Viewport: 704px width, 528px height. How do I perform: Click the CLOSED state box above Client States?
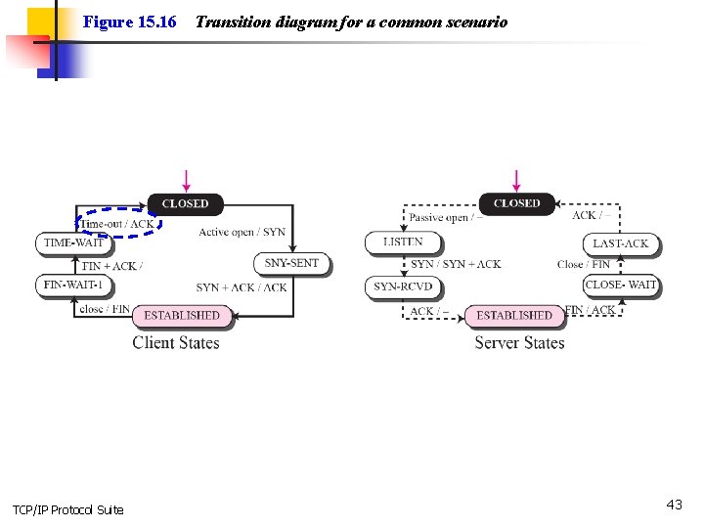click(x=185, y=204)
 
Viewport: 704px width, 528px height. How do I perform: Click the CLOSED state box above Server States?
click(x=516, y=203)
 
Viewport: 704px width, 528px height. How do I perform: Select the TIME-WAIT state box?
click(x=73, y=242)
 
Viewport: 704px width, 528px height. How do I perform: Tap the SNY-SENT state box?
click(x=291, y=263)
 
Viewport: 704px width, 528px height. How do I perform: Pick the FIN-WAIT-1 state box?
click(x=73, y=285)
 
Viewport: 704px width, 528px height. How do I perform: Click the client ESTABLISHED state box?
click(x=182, y=315)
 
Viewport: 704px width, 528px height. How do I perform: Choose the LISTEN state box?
click(x=403, y=242)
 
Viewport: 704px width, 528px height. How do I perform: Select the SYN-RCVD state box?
click(x=403, y=286)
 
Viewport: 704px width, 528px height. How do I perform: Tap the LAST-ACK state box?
click(x=621, y=243)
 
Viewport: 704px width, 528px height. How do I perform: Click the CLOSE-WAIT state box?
click(x=621, y=285)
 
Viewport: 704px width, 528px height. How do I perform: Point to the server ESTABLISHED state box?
click(x=514, y=315)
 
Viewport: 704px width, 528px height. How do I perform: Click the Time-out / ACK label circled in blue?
click(x=117, y=224)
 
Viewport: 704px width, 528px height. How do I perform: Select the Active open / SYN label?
click(x=242, y=232)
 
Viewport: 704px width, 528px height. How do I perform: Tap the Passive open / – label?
click(x=446, y=218)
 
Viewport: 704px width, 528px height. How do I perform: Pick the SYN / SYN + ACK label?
click(x=456, y=264)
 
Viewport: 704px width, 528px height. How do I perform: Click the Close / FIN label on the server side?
click(x=584, y=264)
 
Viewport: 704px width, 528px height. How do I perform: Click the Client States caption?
click(x=176, y=342)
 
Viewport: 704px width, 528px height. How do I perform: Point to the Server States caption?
click(x=519, y=342)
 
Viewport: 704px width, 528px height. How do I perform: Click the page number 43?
click(x=674, y=505)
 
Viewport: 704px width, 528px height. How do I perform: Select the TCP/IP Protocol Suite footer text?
click(x=67, y=510)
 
